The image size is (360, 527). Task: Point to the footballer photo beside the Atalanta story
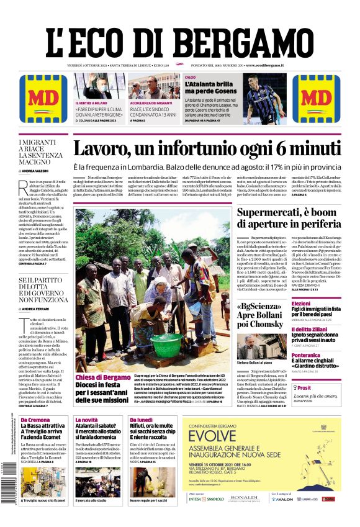(263, 99)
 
